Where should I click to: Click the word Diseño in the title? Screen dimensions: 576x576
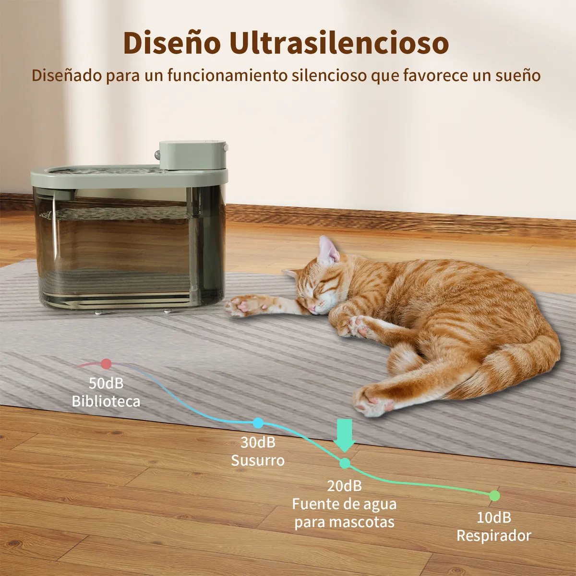pos(171,43)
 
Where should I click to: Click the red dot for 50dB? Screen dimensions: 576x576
pos(106,364)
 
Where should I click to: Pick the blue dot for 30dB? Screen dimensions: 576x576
pos(258,423)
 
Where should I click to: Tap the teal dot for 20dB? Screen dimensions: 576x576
pos(345,463)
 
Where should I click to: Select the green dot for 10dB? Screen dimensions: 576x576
pos(494,495)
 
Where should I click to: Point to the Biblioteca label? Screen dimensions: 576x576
pos(106,401)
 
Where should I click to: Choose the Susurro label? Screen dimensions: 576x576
pos(258,460)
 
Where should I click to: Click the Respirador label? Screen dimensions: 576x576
pos(493,536)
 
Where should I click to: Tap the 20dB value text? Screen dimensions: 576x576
pos(345,486)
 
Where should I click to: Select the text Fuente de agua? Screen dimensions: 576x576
pos(345,504)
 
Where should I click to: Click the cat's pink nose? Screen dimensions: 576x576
pos(312,307)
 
